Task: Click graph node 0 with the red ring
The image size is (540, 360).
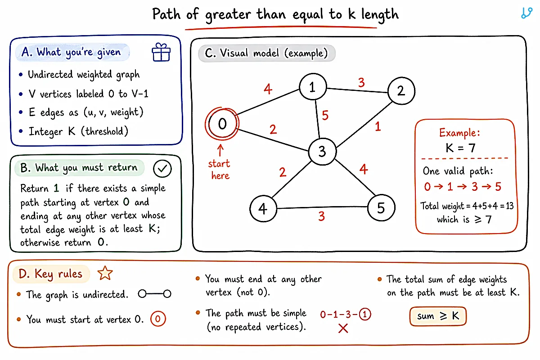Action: click(x=222, y=124)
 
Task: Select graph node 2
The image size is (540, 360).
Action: click(x=401, y=90)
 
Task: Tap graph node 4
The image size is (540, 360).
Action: click(x=263, y=208)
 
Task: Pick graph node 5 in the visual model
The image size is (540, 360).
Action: click(x=381, y=207)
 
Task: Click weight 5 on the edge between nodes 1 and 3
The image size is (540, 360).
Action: click(x=325, y=115)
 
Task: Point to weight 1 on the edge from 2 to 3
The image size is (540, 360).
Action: click(x=378, y=126)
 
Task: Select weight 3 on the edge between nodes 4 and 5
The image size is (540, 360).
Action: click(x=321, y=216)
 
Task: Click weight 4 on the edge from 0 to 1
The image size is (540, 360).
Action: click(x=268, y=89)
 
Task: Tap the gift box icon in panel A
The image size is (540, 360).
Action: click(x=161, y=52)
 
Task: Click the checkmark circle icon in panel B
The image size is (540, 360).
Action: click(x=162, y=169)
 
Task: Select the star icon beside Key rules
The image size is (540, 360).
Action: click(x=105, y=273)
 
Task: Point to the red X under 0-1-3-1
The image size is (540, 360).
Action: click(x=343, y=328)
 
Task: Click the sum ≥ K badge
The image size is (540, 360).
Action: click(x=438, y=316)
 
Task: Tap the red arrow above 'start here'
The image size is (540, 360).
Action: click(x=220, y=150)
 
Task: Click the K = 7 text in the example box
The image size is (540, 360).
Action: click(x=460, y=148)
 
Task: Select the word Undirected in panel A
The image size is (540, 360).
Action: click(x=50, y=74)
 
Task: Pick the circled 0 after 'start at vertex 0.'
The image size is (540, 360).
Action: click(x=158, y=319)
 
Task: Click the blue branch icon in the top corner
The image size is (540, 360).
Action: click(x=526, y=13)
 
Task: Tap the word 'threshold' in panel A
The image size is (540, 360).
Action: click(x=104, y=131)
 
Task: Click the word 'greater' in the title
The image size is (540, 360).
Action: click(x=228, y=15)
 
